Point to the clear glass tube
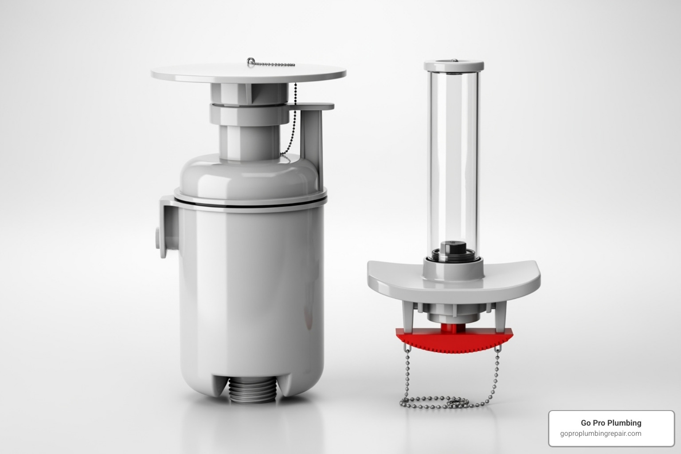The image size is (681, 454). (x=453, y=155)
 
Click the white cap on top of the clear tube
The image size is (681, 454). (x=453, y=65)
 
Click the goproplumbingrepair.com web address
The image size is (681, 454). (x=600, y=434)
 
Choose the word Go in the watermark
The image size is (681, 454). (x=586, y=423)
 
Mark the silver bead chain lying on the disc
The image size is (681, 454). (x=275, y=64)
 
